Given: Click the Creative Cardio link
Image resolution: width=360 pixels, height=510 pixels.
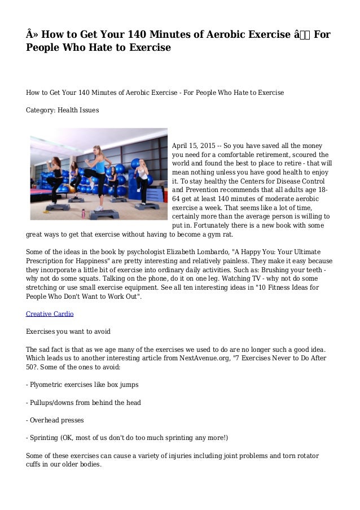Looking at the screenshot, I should [50, 314].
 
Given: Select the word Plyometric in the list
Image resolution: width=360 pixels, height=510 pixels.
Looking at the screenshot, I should [50, 385].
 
